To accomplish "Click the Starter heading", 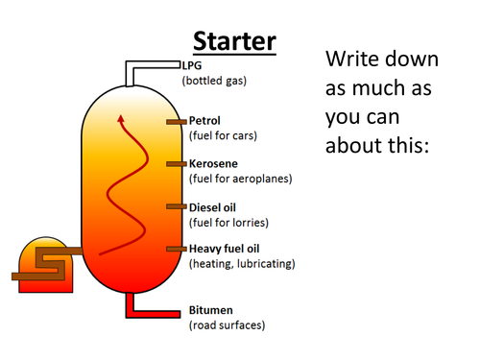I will [x=234, y=40].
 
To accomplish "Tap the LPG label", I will [x=191, y=66].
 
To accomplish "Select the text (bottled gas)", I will [x=214, y=81].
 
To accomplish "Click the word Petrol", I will [x=204, y=121].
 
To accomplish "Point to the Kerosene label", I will [x=212, y=164].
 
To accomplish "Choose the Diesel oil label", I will [x=212, y=207].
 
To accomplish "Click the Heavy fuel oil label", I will [x=226, y=250].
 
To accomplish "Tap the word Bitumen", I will [x=209, y=312].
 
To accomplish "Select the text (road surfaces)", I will [x=227, y=325].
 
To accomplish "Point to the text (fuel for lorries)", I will [x=228, y=222].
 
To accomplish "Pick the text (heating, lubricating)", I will [x=242, y=263].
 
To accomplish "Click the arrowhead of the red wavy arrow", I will [x=121, y=120].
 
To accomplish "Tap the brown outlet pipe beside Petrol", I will [x=176, y=122].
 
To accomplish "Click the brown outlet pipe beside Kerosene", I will [x=176, y=164].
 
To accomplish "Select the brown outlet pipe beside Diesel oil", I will [x=176, y=206].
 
